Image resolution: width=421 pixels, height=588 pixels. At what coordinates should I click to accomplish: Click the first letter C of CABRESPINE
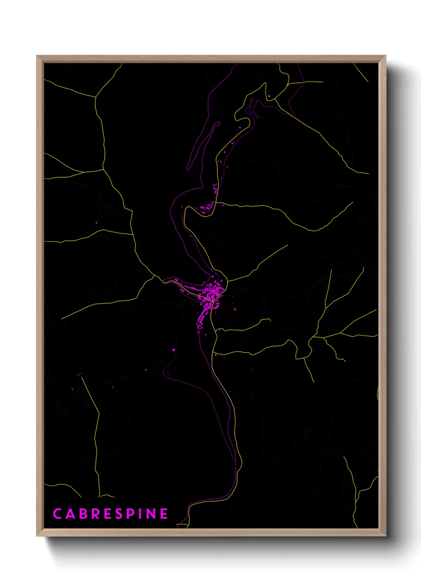pyautogui.click(x=57, y=514)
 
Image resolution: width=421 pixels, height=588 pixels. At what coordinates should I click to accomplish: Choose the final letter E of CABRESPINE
pyautogui.click(x=164, y=514)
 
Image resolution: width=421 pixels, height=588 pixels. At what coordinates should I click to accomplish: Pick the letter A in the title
pyautogui.click(x=69, y=514)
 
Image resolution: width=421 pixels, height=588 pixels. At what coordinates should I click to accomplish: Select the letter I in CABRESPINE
pyautogui.click(x=141, y=514)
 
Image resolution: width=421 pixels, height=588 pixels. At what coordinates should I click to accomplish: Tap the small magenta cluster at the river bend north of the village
pyautogui.click(x=207, y=207)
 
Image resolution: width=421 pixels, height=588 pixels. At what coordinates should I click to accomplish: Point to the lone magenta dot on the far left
pyautogui.click(x=96, y=223)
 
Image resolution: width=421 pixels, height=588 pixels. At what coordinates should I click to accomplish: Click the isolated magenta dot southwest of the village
pyautogui.click(x=174, y=350)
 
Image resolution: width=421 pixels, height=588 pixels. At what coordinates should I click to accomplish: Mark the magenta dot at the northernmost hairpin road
pyautogui.click(x=269, y=95)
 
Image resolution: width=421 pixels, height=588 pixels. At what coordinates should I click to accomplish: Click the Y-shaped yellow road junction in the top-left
pyautogui.click(x=96, y=97)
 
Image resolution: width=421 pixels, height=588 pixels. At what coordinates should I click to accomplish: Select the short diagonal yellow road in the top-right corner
pyautogui.click(x=361, y=73)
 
